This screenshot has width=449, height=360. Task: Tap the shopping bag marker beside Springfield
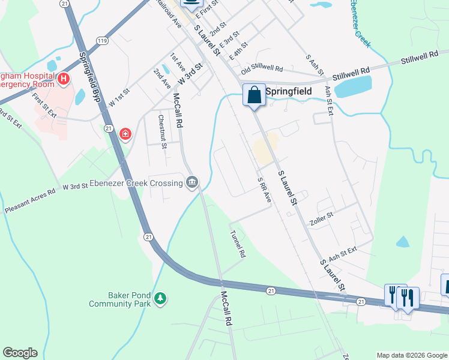pos(254,95)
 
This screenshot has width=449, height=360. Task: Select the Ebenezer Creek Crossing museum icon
pos(192,182)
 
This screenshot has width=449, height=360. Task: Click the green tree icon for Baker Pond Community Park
pos(160,298)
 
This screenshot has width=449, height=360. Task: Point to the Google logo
pos(20,353)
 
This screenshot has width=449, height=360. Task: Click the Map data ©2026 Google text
pos(411,355)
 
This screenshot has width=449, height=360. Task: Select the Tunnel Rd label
pos(238,245)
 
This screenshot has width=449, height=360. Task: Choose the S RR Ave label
pos(264,190)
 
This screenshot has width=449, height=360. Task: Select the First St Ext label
pos(44,105)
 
